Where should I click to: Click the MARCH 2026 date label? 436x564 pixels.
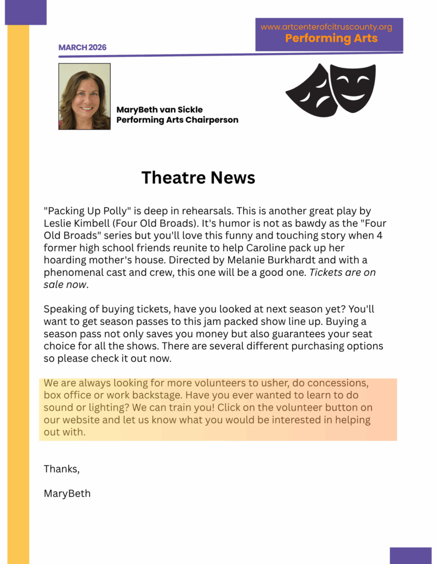coord(82,47)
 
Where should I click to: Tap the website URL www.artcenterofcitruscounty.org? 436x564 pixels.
coord(326,27)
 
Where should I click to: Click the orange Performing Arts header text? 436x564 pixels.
coord(331,38)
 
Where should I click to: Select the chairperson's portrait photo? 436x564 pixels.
coord(84,96)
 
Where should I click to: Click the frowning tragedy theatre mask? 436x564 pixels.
coord(311,91)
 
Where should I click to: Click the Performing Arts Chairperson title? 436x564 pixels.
coord(177,120)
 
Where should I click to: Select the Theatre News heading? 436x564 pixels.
coord(198,177)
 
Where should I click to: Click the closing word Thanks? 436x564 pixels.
coord(61,469)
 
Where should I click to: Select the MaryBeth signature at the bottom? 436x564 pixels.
coord(67,493)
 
